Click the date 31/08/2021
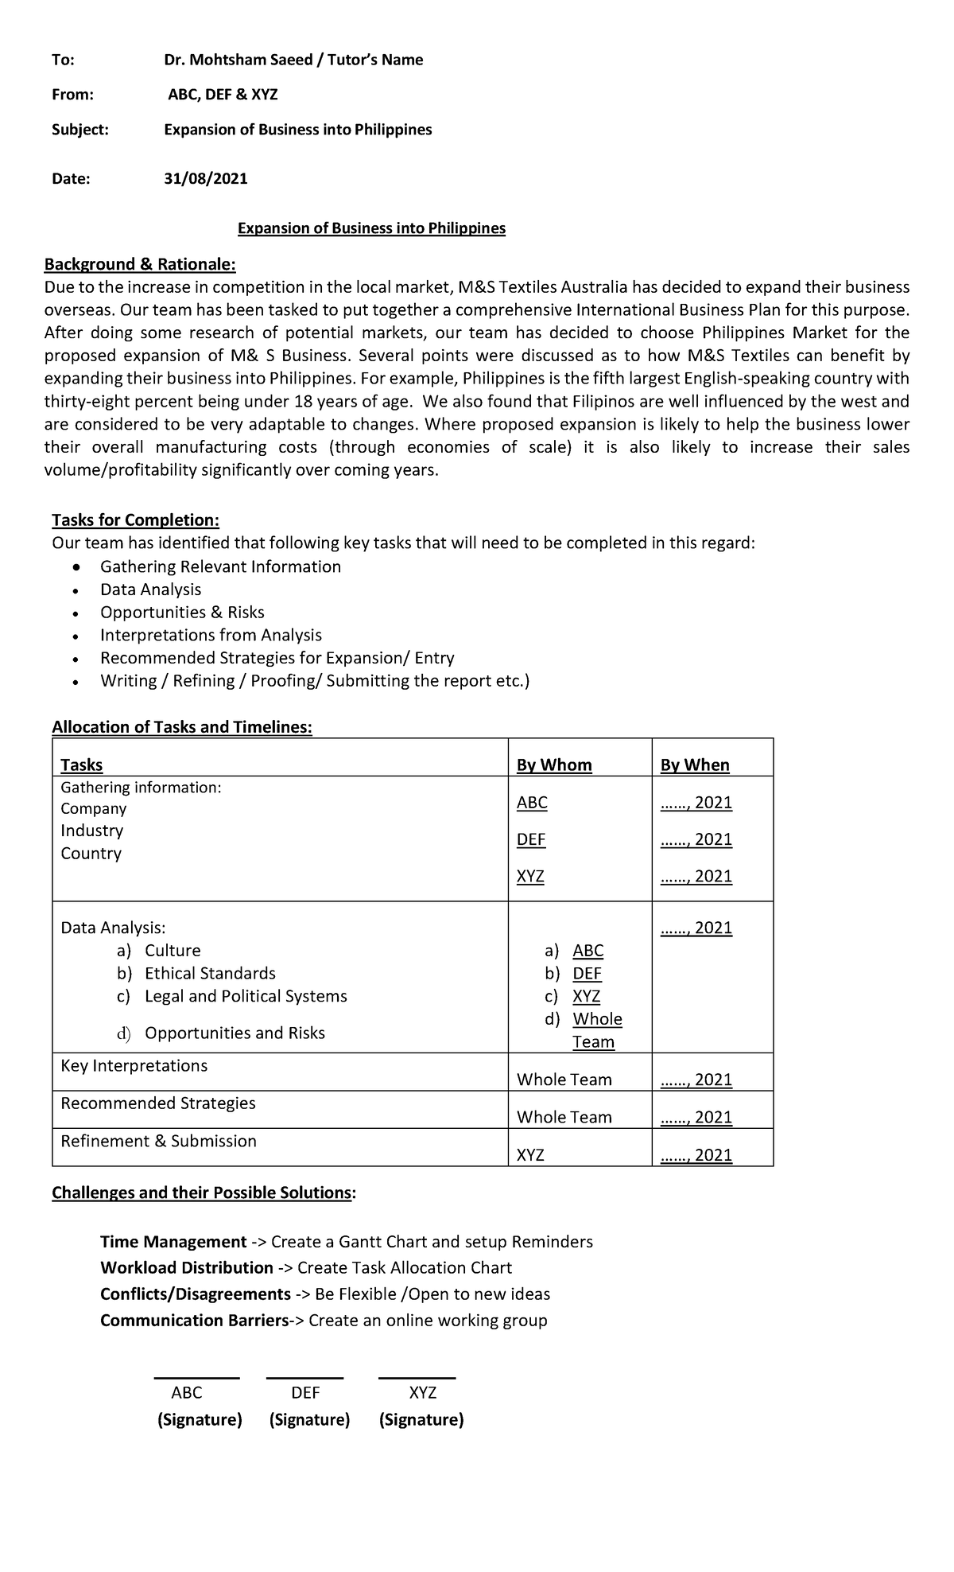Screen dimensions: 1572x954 click(x=205, y=179)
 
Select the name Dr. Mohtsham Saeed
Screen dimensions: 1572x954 click(x=237, y=60)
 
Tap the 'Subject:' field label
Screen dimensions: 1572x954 click(x=80, y=130)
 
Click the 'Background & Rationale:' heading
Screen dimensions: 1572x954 click(x=140, y=264)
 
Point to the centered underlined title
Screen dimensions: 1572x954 click(x=371, y=229)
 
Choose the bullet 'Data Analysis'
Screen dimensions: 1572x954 click(x=150, y=589)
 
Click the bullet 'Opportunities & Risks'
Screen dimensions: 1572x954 click(x=182, y=613)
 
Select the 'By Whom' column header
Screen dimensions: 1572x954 click(x=554, y=765)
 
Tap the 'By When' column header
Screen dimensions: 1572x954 click(x=694, y=765)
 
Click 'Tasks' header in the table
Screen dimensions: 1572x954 click(x=81, y=765)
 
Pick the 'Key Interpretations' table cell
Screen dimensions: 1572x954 click(x=134, y=1066)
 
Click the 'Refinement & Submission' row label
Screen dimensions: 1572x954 click(x=158, y=1142)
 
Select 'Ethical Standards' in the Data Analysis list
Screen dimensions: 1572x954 click(x=210, y=974)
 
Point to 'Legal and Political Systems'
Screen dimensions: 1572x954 click(x=246, y=997)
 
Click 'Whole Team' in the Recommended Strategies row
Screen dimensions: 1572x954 click(x=564, y=1118)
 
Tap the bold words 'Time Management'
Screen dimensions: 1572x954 click(x=173, y=1243)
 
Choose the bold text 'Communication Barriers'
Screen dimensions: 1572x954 click(x=193, y=1321)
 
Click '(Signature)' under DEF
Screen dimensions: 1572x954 click(x=309, y=1420)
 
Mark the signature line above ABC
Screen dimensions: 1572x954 click(x=196, y=1378)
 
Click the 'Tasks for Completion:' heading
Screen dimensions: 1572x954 click(x=135, y=520)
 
